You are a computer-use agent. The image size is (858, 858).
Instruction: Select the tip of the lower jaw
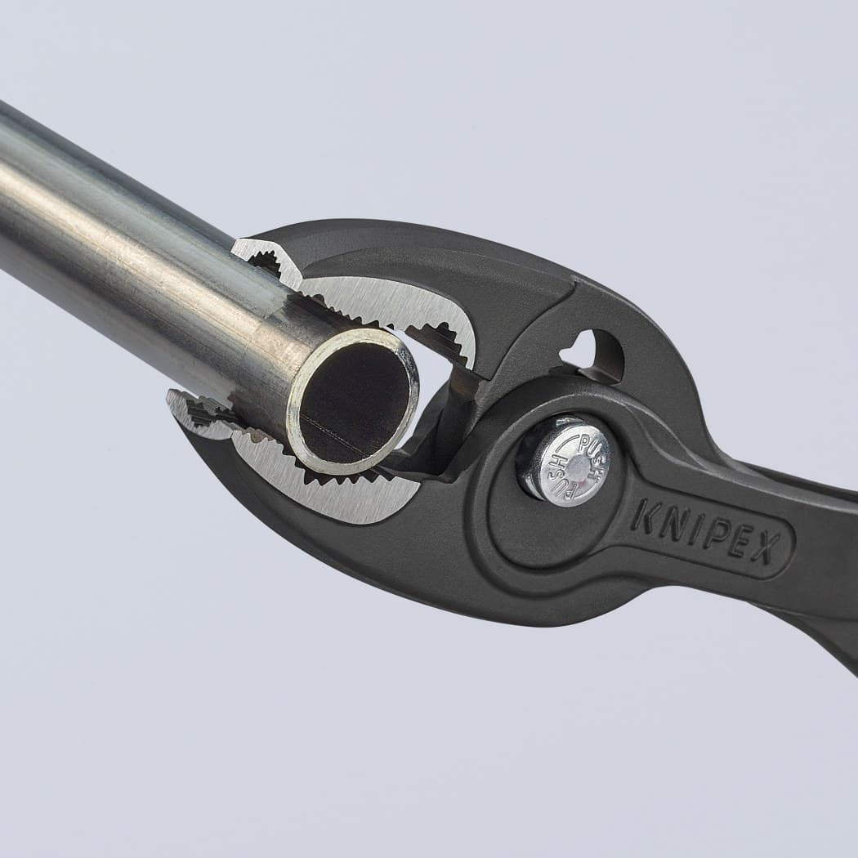pos(177,400)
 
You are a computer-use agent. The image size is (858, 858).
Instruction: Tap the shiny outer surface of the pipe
pos(123,245)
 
